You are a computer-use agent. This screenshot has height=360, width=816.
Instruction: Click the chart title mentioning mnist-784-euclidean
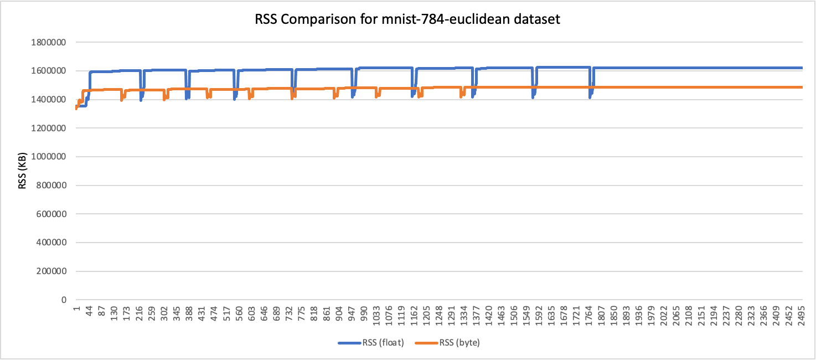pyautogui.click(x=407, y=20)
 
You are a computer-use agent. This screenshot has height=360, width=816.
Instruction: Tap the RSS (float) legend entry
pyautogui.click(x=371, y=343)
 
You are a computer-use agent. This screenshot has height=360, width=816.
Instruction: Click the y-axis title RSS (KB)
pyautogui.click(x=23, y=171)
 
